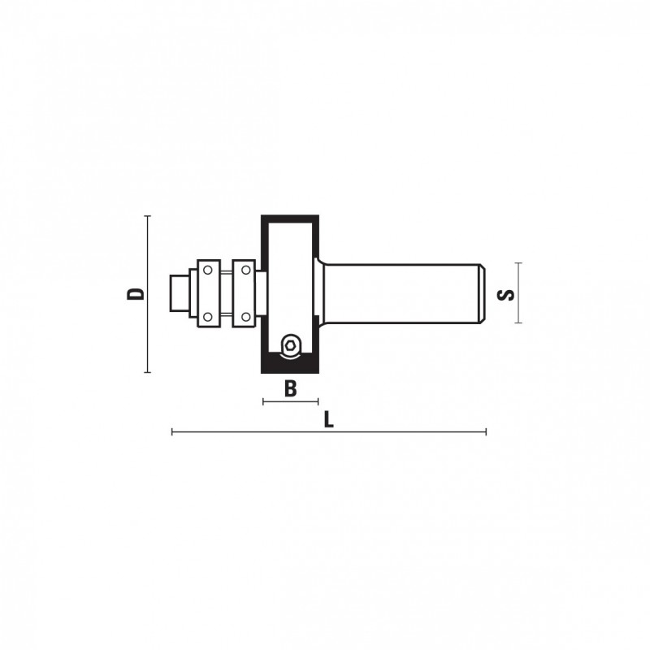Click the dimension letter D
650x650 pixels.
pos(136,294)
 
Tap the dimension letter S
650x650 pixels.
pos(505,295)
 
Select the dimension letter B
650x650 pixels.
pos(291,389)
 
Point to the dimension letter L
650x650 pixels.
pos(328,420)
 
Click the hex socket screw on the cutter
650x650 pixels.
pos(291,344)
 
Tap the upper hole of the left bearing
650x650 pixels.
pos(208,271)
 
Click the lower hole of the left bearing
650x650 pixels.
pos(208,317)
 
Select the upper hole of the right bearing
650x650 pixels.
pos(246,271)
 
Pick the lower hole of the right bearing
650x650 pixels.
pos(246,317)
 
